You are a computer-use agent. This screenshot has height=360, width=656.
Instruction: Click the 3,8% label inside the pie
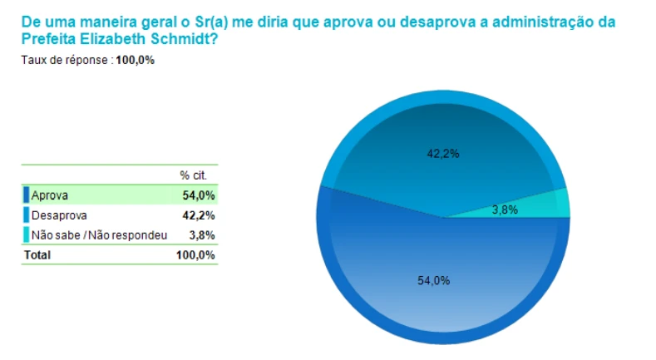pyautogui.click(x=505, y=210)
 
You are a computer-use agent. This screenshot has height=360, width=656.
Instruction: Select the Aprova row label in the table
pyautogui.click(x=50, y=196)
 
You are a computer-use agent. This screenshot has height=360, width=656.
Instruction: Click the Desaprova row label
pyautogui.click(x=59, y=215)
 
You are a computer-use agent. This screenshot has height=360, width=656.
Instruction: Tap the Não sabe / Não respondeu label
pyautogui.click(x=99, y=235)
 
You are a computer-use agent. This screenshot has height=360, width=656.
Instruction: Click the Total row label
pyautogui.click(x=37, y=255)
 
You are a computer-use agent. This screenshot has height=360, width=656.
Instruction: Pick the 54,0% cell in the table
pyautogui.click(x=199, y=196)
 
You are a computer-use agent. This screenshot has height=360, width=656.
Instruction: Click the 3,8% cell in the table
pyautogui.click(x=203, y=235)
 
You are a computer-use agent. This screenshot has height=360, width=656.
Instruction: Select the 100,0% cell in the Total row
pyautogui.click(x=196, y=255)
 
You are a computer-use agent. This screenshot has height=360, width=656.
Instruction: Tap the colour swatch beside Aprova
pyautogui.click(x=27, y=196)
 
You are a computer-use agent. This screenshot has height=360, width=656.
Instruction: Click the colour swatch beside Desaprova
pyautogui.click(x=27, y=215)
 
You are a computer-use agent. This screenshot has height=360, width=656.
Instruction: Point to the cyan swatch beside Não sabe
pyautogui.click(x=27, y=235)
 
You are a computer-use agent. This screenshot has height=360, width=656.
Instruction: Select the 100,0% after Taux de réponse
pyautogui.click(x=135, y=60)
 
